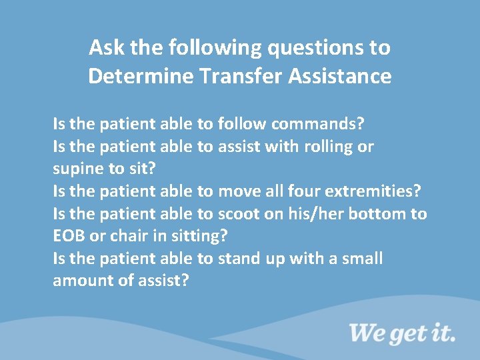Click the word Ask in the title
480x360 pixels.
click(104, 48)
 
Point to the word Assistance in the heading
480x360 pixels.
click(340, 77)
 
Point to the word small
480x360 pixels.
click(363, 259)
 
